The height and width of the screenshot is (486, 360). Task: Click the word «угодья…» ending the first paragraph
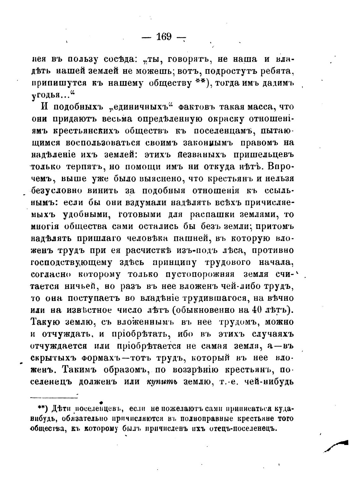(52, 95)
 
